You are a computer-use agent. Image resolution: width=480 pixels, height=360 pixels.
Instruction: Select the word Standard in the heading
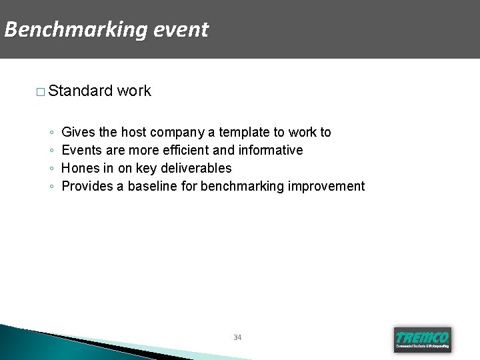click(x=81, y=91)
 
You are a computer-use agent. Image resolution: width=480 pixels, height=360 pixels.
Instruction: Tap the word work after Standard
click(x=134, y=91)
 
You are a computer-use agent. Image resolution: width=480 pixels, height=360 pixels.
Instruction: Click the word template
click(x=244, y=133)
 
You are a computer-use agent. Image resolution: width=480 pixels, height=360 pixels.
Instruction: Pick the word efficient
click(x=185, y=151)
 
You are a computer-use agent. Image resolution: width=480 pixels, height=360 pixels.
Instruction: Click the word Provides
click(x=87, y=186)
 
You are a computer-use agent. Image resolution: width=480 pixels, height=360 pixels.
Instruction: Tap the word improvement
click(x=326, y=186)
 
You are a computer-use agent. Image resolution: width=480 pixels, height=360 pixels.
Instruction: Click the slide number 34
click(x=237, y=337)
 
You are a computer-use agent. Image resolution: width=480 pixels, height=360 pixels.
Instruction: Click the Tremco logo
click(x=422, y=339)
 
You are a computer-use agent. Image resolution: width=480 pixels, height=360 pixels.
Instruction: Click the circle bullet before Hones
click(x=52, y=169)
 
